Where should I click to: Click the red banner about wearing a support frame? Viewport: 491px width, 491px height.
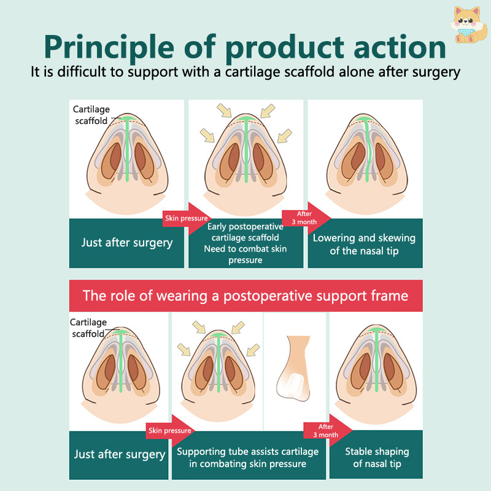245,296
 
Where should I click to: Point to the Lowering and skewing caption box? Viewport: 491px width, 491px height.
364,243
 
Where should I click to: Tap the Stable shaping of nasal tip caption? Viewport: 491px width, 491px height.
376,457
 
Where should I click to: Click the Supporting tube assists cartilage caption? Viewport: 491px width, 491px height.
248,457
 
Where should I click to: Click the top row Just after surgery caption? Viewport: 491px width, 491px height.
127,242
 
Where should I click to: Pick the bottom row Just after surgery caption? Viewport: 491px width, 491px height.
120,455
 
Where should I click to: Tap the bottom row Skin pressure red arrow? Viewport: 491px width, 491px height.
169,431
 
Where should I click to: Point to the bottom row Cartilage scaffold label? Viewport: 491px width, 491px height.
88,328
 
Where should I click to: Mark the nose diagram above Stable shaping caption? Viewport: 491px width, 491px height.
376,368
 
